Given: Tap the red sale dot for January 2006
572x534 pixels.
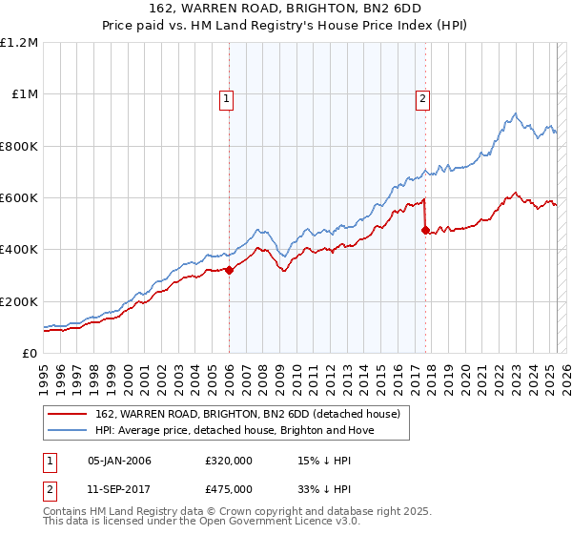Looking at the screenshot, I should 229,270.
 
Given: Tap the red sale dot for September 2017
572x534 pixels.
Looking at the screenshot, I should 425,230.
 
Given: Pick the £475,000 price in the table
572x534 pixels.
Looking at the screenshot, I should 228,487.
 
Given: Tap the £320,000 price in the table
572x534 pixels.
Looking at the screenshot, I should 228,461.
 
